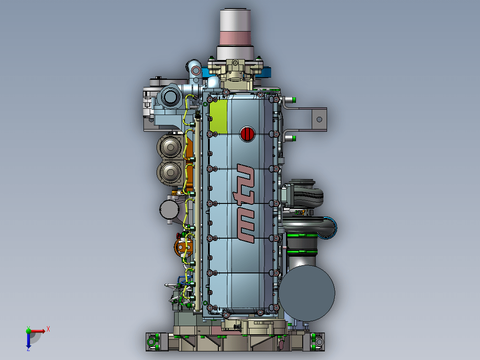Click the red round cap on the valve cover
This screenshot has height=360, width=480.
pyautogui.click(x=247, y=134)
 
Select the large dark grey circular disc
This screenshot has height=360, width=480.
pyautogui.click(x=306, y=293)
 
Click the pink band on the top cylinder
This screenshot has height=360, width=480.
pyautogui.click(x=235, y=38)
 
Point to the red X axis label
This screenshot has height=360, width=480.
pyautogui.click(x=48, y=329)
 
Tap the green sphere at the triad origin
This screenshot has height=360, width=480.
pyautogui.click(x=28, y=331)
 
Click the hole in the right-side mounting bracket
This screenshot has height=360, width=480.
pyautogui.click(x=319, y=120)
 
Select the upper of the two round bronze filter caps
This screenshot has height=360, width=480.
pyautogui.click(x=170, y=147)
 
